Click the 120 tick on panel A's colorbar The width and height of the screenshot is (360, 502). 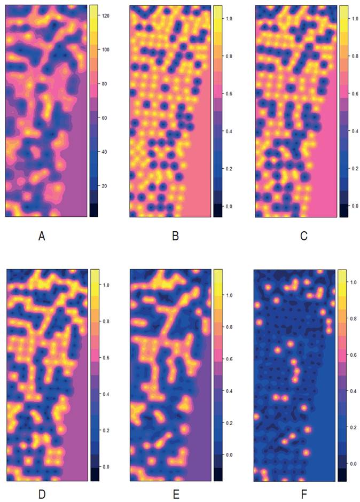(x=106, y=16)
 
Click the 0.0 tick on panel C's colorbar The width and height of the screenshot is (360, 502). (x=356, y=206)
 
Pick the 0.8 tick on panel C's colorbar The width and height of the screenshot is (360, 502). (x=356, y=56)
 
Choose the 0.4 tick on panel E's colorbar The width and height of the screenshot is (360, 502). (x=231, y=391)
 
